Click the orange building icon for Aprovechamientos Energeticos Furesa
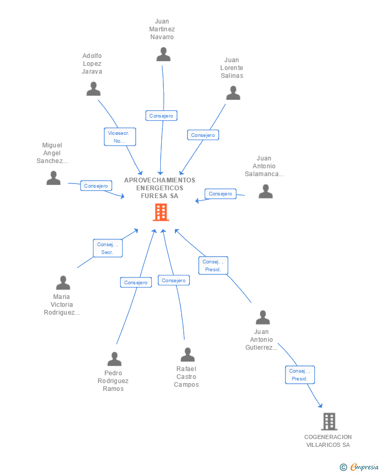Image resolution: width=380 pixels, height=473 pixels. tap(161, 212)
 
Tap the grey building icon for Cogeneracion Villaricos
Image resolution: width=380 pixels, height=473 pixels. tap(329, 421)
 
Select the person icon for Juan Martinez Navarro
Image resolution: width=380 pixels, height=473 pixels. tap(163, 54)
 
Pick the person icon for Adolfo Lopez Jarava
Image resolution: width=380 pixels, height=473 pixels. tap(93, 89)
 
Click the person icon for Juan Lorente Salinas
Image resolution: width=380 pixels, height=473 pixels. tap(233, 93)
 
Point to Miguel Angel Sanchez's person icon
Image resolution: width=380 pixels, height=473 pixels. tap(53, 178)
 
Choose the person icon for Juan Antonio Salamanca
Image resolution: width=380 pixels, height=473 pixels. tap(266, 191)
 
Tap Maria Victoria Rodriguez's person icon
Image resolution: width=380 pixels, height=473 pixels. tap(63, 283)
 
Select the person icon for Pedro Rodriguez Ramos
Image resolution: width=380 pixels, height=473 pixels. tap(114, 359)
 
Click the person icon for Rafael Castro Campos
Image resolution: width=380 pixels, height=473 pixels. tap(187, 355)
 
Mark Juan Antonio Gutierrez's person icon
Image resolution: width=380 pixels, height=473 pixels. tap(263, 317)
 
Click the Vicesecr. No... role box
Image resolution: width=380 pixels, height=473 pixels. tap(120, 137)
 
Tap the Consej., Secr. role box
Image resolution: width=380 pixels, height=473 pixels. tap(108, 248)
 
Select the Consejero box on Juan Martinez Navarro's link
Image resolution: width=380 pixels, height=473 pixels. tap(161, 116)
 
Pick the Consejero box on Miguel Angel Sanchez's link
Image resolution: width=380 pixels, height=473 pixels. tap(96, 186)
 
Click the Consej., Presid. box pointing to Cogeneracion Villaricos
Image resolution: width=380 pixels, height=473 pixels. tap(300, 375)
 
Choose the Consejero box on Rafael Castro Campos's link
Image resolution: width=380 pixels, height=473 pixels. tap(173, 280)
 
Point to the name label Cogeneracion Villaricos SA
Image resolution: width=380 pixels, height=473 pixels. tap(328, 441)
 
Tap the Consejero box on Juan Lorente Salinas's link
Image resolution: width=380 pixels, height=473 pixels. tap(203, 135)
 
